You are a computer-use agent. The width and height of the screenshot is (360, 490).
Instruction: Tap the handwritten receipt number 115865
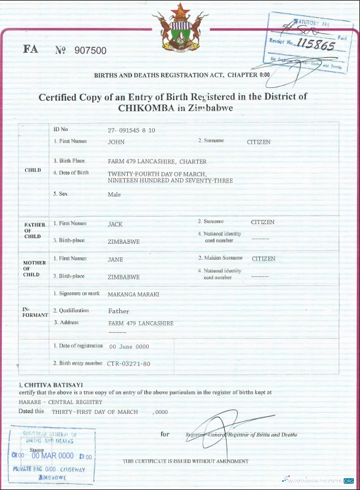point(315,45)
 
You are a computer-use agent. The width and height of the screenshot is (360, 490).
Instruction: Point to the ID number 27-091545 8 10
point(131,130)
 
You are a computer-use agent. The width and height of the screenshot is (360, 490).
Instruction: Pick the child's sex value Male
point(114,195)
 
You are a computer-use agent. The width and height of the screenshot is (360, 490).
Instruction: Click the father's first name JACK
point(115,224)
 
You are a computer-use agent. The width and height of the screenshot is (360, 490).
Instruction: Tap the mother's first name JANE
point(115,259)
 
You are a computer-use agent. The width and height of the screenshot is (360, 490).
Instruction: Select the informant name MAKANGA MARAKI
point(133,295)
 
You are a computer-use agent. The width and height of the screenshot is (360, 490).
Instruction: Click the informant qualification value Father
point(119,311)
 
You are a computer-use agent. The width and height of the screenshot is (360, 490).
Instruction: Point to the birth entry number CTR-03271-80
point(128,364)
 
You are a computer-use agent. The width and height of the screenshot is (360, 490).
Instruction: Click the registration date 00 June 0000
point(129,347)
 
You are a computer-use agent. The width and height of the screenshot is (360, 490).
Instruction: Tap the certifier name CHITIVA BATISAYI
point(49,384)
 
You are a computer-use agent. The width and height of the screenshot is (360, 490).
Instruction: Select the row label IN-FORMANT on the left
point(34,311)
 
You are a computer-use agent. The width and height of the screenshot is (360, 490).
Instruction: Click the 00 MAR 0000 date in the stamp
point(53,456)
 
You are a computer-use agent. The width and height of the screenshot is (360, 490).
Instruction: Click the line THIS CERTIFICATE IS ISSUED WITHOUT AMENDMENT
point(186,461)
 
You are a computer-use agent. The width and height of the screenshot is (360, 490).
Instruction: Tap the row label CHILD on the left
point(33,170)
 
